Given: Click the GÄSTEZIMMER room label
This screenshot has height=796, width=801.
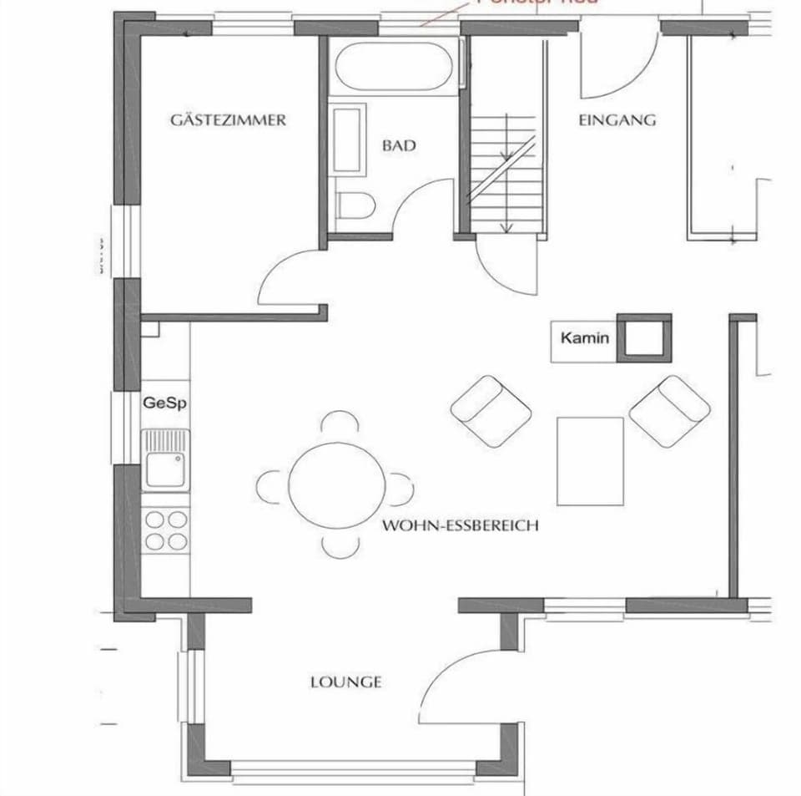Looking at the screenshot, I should click(x=228, y=119).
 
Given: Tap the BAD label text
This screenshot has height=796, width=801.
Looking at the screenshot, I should click(x=399, y=145).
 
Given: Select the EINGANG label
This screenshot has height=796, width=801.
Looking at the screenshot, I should click(x=617, y=119).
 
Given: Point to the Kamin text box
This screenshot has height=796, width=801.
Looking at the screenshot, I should click(x=584, y=339).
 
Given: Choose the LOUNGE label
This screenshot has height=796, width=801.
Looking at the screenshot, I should click(x=346, y=682).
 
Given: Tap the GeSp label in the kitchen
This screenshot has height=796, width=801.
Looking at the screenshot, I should click(x=165, y=403).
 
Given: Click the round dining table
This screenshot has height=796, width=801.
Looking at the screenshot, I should click(x=337, y=485).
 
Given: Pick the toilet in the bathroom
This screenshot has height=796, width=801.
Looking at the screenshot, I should click(x=355, y=205).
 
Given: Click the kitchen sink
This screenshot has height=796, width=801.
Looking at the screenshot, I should click(x=165, y=459).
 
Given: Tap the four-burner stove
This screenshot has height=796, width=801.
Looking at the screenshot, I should click(x=165, y=530).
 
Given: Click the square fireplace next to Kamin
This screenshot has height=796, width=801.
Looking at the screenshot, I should click(x=643, y=338).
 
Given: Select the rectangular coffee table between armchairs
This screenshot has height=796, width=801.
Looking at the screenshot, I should click(x=590, y=461).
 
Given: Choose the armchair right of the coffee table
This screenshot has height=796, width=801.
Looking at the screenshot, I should click(x=670, y=410).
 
